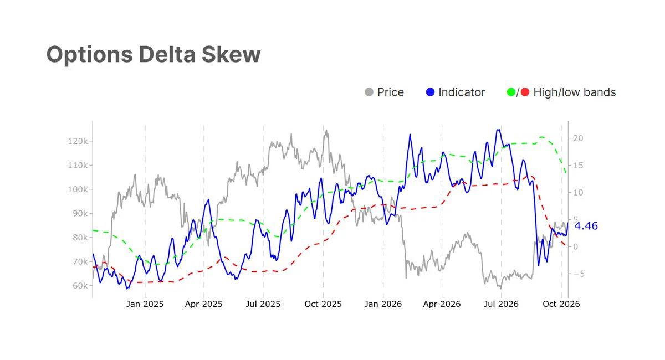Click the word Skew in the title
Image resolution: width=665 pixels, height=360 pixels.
pyautogui.click(x=231, y=54)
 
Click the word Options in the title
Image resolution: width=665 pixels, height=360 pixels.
pyautogui.click(x=90, y=55)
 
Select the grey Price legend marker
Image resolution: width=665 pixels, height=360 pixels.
pyautogui.click(x=369, y=92)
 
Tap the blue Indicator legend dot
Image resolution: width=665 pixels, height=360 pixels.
pyautogui.click(x=430, y=92)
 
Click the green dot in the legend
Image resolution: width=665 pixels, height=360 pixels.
pyautogui.click(x=511, y=92)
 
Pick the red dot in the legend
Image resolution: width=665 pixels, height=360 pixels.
pyautogui.click(x=525, y=92)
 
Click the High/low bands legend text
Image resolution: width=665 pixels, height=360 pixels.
pyautogui.click(x=575, y=92)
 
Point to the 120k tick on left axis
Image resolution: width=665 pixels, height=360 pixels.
pyautogui.click(x=78, y=141)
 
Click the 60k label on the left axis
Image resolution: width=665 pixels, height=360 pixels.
pyautogui.click(x=80, y=286)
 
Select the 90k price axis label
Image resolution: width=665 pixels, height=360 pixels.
pyautogui.click(x=80, y=213)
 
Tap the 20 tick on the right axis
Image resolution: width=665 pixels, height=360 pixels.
pyautogui.click(x=578, y=138)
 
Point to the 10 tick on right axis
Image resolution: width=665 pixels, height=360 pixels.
pyautogui.click(x=578, y=193)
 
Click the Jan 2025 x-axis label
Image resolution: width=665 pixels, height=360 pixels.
pyautogui.click(x=145, y=304)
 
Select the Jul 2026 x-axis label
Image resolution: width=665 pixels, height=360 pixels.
pyautogui.click(x=501, y=304)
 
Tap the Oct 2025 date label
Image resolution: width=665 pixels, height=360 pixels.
pyautogui.click(x=323, y=304)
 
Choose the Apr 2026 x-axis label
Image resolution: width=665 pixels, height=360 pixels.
pyautogui.click(x=442, y=304)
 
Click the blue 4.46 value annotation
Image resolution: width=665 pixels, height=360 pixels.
pyautogui.click(x=586, y=226)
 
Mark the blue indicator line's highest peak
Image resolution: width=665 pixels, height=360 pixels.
pyautogui.click(x=498, y=130)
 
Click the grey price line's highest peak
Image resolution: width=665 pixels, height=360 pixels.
pyautogui.click(x=326, y=130)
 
